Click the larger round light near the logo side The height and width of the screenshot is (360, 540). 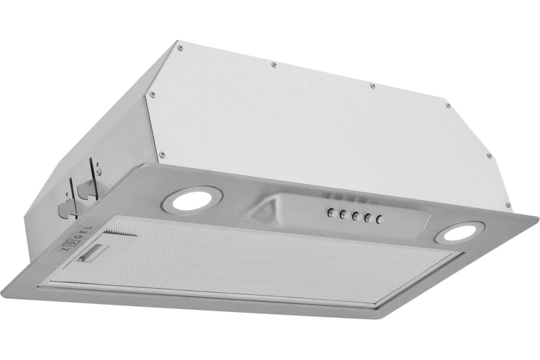click(192, 200)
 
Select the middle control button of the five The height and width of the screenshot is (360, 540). click(356, 216)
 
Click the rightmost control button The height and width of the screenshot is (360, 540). click(380, 219)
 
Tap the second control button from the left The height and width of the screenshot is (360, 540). click(344, 215)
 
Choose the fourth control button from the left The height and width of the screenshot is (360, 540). click(369, 218)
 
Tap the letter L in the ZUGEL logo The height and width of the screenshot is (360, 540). click(90, 227)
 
